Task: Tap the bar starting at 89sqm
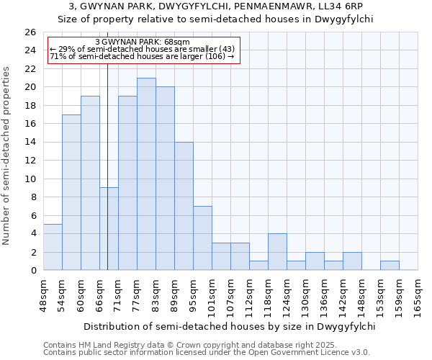point(184,206)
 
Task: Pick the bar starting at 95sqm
point(202,238)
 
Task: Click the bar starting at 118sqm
point(277,251)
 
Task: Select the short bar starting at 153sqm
point(390,265)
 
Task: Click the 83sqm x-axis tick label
point(165,294)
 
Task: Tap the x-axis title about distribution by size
point(230,326)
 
